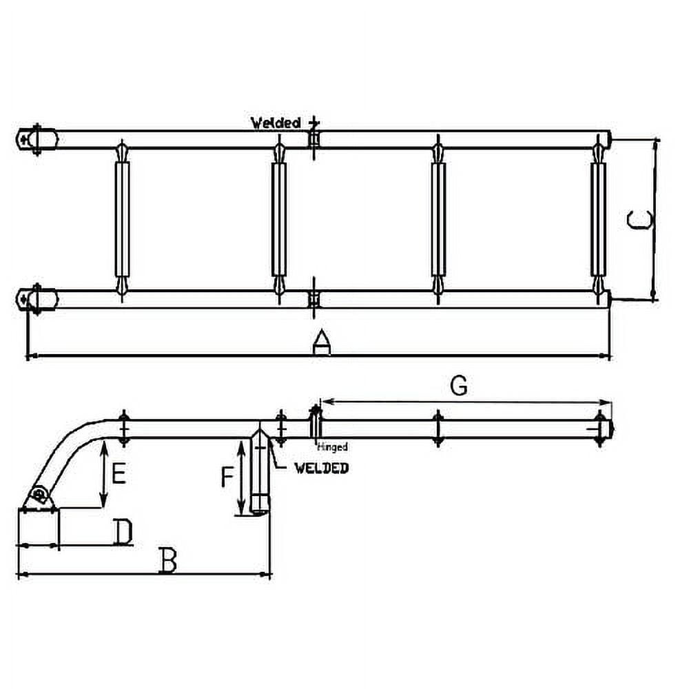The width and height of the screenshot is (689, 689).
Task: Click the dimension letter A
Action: pyautogui.click(x=321, y=342)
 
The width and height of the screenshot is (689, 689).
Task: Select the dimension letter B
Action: pyautogui.click(x=167, y=561)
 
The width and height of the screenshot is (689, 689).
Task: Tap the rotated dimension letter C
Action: pyautogui.click(x=640, y=220)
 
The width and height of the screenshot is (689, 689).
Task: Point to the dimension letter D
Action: pyautogui.click(x=123, y=533)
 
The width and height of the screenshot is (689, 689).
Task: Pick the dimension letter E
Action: pyautogui.click(x=119, y=474)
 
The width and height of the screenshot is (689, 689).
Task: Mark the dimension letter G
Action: pyautogui.click(x=458, y=387)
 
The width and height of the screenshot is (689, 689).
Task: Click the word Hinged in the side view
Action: pyautogui.click(x=333, y=447)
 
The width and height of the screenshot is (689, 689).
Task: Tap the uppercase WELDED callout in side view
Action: pyautogui.click(x=321, y=468)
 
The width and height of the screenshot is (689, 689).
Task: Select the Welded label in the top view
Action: pyautogui.click(x=276, y=123)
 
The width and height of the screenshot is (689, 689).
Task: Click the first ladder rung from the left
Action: pyautogui.click(x=122, y=219)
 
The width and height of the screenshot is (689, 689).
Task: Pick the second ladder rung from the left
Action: pyautogui.click(x=279, y=219)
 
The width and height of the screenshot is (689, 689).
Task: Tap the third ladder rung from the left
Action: pyautogui.click(x=438, y=219)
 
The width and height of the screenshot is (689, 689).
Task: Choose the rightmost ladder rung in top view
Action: pyautogui.click(x=598, y=219)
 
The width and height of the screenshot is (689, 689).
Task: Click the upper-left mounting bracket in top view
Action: pyautogui.click(x=37, y=139)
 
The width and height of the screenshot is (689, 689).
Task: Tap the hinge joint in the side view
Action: pyautogui.click(x=315, y=422)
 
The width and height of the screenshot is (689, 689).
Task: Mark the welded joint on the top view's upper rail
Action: pyautogui.click(x=314, y=138)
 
